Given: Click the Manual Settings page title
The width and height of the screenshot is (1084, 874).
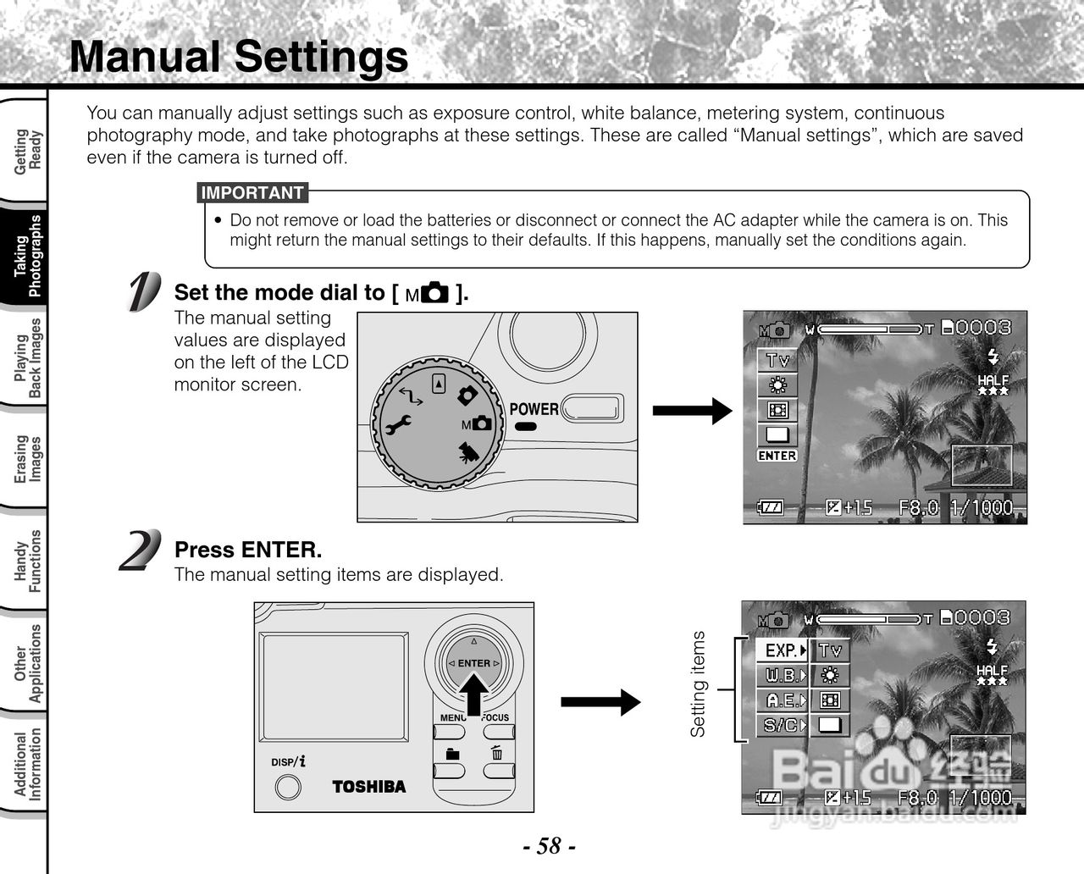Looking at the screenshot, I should [x=239, y=58].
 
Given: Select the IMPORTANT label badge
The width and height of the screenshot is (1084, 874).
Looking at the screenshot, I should [x=252, y=193].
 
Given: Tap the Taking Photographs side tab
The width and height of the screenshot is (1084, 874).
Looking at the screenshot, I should [x=29, y=256].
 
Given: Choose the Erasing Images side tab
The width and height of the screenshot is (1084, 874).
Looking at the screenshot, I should [x=29, y=458].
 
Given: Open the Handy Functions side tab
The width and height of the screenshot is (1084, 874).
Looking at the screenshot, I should [x=29, y=560].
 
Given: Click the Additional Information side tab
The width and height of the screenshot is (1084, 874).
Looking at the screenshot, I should [x=29, y=765].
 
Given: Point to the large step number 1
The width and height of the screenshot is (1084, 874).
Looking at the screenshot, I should [x=143, y=292].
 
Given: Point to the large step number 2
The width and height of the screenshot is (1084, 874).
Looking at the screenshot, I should [x=140, y=550].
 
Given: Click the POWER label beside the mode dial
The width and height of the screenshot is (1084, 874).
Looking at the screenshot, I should [x=534, y=409].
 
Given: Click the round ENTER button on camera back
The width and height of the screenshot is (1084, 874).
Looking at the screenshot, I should [x=474, y=663].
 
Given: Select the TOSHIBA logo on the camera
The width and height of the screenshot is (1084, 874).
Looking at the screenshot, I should [x=369, y=787].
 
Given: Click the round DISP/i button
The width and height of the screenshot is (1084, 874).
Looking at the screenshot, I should [x=289, y=788].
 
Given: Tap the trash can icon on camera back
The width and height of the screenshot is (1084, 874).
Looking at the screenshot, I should [x=497, y=753].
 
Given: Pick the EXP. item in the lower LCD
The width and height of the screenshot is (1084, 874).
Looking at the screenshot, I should [x=783, y=650].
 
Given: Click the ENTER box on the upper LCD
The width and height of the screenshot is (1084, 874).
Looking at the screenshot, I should [x=777, y=456].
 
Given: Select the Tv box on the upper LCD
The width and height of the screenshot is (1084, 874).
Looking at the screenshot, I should [x=777, y=360].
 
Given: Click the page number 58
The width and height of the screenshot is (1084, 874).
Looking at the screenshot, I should [x=548, y=845].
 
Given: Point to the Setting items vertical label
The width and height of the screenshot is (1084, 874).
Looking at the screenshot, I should [x=698, y=684].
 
